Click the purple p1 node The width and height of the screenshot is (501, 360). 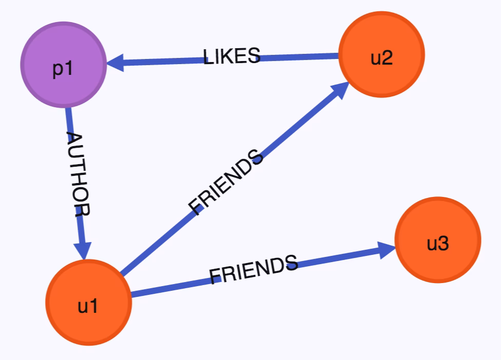click(x=64, y=65)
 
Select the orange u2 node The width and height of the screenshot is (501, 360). click(x=381, y=54)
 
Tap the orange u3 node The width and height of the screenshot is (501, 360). click(x=438, y=239)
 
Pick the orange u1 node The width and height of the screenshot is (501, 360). click(x=88, y=302)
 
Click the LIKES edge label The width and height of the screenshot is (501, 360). click(x=232, y=56)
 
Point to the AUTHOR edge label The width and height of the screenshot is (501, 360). click(x=79, y=174)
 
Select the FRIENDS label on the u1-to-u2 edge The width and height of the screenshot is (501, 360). click(x=225, y=182)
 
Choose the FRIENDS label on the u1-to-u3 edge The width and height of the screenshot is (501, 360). click(x=254, y=269)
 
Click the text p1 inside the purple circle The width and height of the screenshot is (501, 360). click(x=63, y=69)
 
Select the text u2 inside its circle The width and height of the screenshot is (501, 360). click(x=381, y=58)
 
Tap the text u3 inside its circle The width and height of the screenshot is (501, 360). click(x=438, y=244)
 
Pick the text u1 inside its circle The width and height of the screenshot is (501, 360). click(x=88, y=306)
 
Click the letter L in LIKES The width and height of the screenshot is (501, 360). click(x=208, y=57)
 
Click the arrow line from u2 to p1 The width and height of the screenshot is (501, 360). click(x=223, y=59)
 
